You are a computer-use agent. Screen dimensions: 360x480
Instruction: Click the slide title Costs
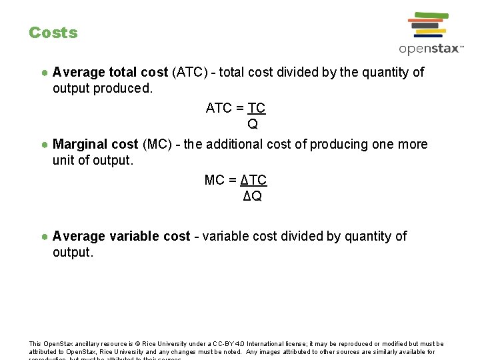click(53, 33)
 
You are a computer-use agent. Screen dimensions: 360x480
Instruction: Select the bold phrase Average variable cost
click(121, 236)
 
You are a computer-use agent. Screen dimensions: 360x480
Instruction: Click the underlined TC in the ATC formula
click(257, 108)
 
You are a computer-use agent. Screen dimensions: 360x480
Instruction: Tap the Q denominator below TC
click(253, 124)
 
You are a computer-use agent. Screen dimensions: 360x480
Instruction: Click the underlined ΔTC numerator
click(253, 180)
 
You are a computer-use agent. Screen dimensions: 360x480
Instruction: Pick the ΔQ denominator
click(253, 196)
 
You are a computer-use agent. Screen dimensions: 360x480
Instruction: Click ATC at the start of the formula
click(219, 108)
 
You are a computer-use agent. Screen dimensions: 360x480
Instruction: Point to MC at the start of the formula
click(215, 180)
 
